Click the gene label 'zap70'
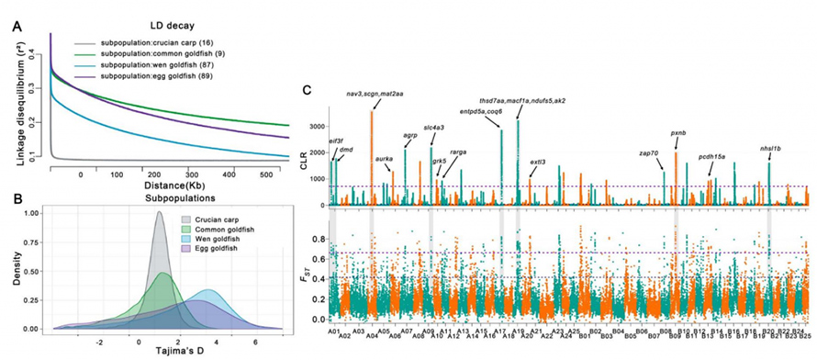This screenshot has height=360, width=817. pos(649,152)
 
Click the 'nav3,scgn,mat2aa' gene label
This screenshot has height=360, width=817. pos(375,94)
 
